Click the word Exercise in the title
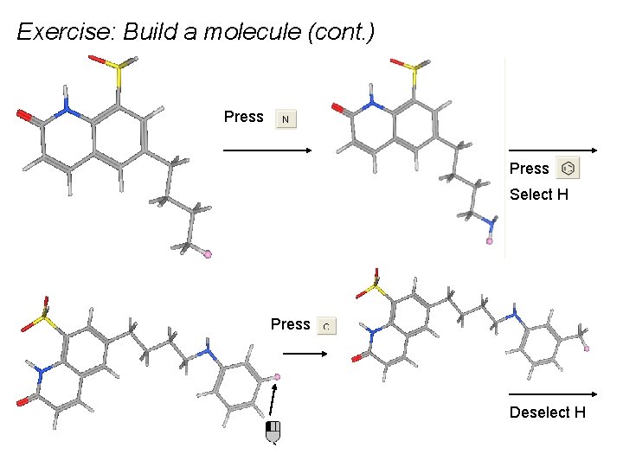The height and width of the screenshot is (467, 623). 65,33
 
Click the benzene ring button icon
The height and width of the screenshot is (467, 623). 568,168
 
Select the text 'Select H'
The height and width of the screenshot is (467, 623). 538,195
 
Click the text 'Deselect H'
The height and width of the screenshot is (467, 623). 547,413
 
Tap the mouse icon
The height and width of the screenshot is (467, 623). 273,432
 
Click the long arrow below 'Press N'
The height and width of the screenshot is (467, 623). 268,150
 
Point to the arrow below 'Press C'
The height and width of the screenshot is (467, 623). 305,354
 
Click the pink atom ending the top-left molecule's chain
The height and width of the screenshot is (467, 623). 207,253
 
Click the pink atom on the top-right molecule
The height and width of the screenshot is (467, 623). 489,241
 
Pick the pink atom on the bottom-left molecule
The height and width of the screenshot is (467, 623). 277,376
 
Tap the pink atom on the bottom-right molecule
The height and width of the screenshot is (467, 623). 587,349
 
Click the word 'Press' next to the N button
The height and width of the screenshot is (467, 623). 243,117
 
